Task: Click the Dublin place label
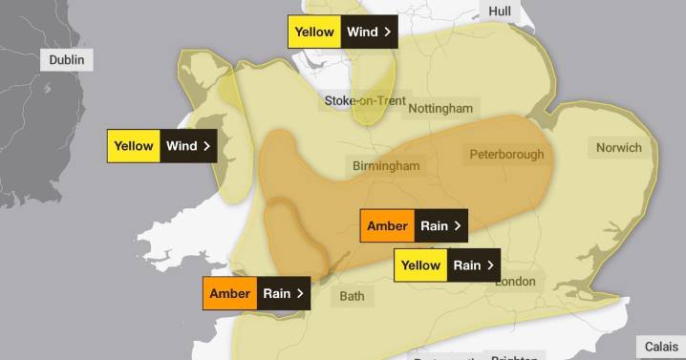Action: [67, 60]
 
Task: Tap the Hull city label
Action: [500, 11]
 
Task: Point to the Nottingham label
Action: [440, 108]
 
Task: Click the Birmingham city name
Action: [385, 166]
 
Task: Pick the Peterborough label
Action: [506, 154]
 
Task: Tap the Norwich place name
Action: [618, 148]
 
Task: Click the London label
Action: [514, 282]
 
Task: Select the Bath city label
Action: [352, 296]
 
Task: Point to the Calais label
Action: [661, 347]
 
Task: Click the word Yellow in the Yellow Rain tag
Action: [420, 265]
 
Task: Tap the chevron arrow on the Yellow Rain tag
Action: [490, 265]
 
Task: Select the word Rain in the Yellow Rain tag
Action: [466, 265]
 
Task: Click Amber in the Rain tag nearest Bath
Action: [229, 294]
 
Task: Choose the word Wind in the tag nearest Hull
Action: [362, 32]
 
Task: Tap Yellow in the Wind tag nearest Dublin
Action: [133, 146]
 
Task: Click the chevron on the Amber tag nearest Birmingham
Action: [458, 226]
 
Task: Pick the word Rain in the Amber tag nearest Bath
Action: [277, 294]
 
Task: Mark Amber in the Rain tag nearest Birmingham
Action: [387, 226]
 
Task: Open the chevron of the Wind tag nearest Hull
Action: [387, 32]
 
